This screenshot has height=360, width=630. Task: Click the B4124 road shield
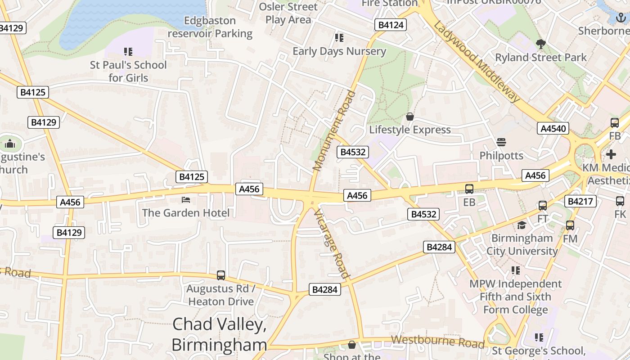click(391, 25)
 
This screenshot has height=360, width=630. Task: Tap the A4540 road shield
click(553, 129)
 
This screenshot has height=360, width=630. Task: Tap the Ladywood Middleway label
click(477, 62)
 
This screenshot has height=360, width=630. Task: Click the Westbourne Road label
click(437, 342)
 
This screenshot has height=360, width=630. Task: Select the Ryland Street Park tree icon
click(541, 44)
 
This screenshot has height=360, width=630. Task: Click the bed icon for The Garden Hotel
click(185, 199)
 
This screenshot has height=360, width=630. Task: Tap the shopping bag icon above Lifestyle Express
click(410, 117)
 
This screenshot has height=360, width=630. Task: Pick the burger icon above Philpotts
click(501, 143)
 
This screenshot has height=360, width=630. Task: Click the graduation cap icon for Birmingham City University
click(522, 225)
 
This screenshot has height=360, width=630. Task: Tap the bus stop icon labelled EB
click(469, 189)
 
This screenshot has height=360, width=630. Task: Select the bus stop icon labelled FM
click(570, 225)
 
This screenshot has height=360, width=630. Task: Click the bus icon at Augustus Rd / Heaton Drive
click(220, 275)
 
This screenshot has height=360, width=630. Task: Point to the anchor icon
click(621, 18)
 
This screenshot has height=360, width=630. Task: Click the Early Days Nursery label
click(339, 51)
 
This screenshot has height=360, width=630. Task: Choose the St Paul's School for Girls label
click(128, 71)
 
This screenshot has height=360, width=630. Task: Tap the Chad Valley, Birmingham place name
click(219, 334)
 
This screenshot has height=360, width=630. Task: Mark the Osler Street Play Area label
click(288, 13)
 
